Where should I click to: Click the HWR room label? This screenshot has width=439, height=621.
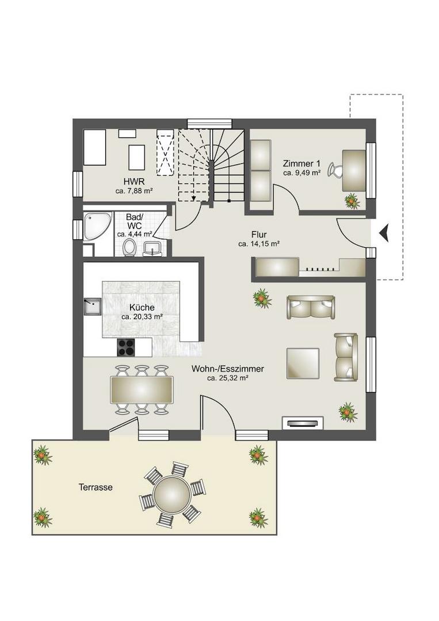click(134, 182)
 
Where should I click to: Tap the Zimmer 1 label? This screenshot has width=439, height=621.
click(301, 163)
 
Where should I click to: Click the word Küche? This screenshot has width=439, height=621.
click(142, 308)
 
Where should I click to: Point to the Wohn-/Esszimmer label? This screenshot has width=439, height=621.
click(227, 369)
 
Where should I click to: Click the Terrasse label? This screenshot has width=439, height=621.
click(96, 488)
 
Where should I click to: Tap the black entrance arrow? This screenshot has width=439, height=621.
click(384, 233)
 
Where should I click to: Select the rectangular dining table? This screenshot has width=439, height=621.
click(142, 390)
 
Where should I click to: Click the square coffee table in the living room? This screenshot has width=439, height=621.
click(303, 363)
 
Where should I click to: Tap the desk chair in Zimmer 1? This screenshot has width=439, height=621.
click(335, 170)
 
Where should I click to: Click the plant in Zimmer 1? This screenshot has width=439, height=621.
click(352, 201)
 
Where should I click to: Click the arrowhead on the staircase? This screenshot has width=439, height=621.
click(193, 198)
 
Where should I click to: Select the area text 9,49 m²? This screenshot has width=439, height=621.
click(301, 172)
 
